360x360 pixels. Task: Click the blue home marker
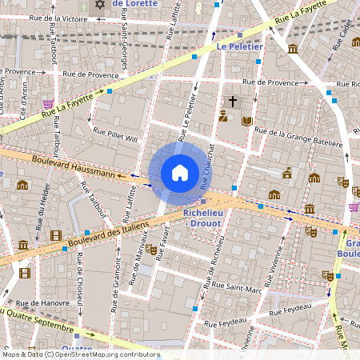point(180,173)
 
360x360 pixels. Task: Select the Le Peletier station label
point(239,47)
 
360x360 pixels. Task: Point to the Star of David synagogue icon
point(100,5)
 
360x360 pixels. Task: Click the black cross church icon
point(233,102)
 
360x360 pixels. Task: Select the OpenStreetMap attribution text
point(80,354)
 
